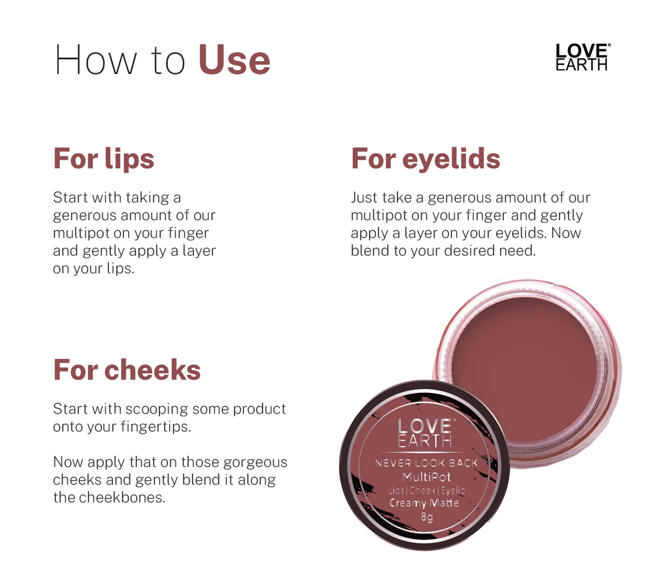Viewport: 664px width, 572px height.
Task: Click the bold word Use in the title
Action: (x=234, y=60)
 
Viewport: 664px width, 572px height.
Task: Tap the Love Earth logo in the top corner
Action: (x=582, y=57)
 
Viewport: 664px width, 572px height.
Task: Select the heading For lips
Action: (x=104, y=159)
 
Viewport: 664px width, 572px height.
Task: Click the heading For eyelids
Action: (x=425, y=159)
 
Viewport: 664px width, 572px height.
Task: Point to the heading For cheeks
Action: (x=127, y=370)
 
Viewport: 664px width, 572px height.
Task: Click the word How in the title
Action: (x=95, y=60)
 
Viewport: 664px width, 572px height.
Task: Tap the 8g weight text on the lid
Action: (x=426, y=517)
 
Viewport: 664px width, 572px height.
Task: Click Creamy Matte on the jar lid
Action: (x=424, y=503)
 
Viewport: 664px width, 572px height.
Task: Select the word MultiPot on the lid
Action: (x=426, y=477)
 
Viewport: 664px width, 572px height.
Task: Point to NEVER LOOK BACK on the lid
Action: (x=426, y=464)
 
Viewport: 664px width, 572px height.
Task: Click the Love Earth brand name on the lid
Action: (x=424, y=434)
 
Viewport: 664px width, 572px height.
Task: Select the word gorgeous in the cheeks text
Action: (x=255, y=462)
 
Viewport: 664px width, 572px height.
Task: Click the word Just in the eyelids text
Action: (x=364, y=197)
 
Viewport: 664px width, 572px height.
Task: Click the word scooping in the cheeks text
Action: (x=154, y=409)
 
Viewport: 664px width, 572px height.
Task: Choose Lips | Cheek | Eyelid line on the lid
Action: (x=426, y=490)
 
